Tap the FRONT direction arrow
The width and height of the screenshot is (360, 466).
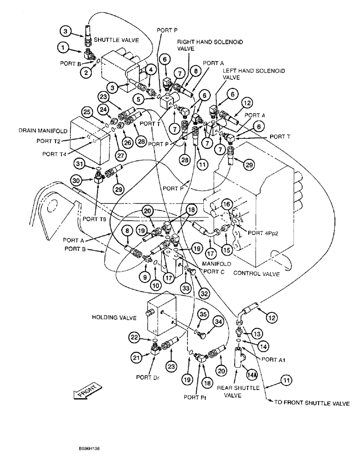pos(87,391)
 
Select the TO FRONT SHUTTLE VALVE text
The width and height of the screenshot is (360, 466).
pos(311,404)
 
